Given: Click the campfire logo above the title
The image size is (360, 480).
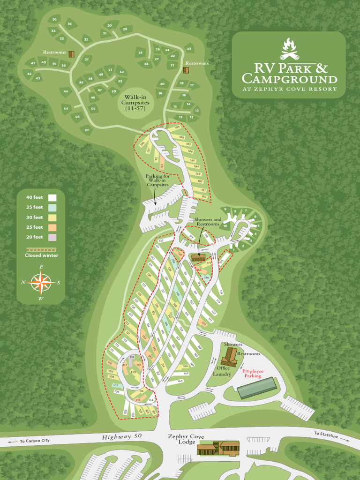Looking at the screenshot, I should coord(289,49).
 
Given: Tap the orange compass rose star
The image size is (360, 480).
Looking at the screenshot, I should coord(41,282).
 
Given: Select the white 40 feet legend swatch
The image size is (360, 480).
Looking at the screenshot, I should coord(52,197).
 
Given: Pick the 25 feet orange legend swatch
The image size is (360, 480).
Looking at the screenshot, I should coord(52,227).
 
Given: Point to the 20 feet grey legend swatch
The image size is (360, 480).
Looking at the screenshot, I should coord(52,237).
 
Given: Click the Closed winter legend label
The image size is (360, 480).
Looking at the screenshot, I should coord(42,255).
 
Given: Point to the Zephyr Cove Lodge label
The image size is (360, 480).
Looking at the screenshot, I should coord(186,440).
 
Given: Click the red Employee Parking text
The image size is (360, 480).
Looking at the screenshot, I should coord(252,373).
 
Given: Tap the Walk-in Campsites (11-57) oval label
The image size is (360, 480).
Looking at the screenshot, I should coord(135,102).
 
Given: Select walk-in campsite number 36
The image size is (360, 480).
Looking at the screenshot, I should coord(54,19).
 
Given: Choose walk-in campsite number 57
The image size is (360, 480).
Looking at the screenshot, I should coord(86,130).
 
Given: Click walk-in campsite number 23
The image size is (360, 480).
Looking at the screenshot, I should coord(189,49).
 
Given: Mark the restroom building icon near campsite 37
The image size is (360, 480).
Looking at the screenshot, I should coord(72,54).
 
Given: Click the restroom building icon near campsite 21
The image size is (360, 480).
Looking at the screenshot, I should coord(186,70).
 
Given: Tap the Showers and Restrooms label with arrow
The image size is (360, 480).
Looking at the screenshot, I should coord(208,222).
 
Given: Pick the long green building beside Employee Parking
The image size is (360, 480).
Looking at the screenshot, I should coord(257,388).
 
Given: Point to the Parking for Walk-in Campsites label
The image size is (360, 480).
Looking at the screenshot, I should coord(157,180).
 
